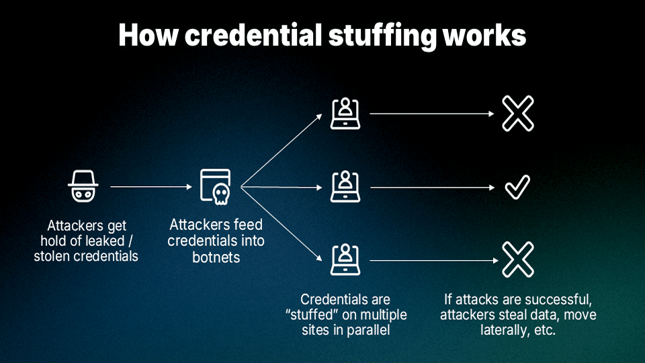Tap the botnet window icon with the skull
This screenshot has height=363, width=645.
(215, 186)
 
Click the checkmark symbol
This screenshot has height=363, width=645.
(517, 187)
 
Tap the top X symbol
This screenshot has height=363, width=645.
(517, 114)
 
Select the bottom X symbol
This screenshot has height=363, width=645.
(517, 259)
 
